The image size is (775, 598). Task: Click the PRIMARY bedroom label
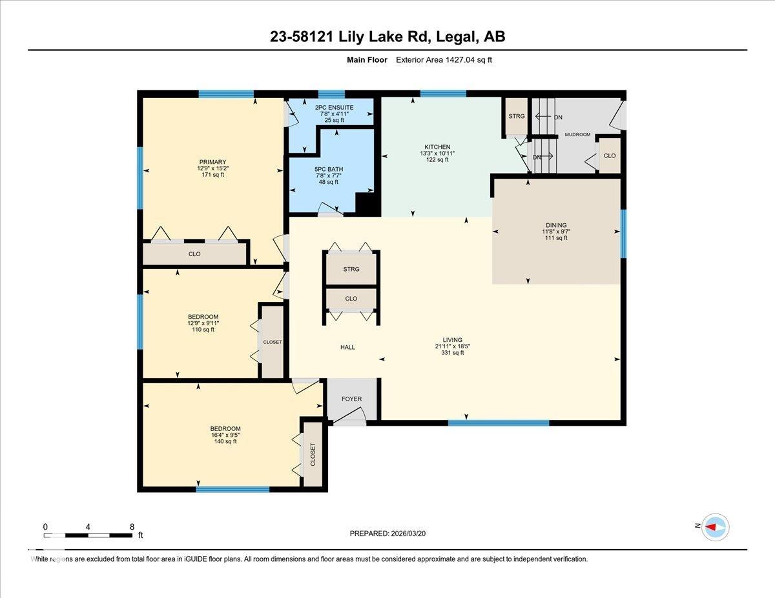pyautogui.click(x=212, y=162)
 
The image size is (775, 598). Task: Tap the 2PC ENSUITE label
pyautogui.click(x=330, y=107)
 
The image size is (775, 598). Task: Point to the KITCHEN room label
pyautogui.click(x=437, y=147)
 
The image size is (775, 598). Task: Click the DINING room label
pyautogui.click(x=555, y=226)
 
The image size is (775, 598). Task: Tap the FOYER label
pyautogui.click(x=351, y=399)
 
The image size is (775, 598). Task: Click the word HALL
pyautogui.click(x=347, y=347)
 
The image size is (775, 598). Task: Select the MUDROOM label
pyautogui.click(x=577, y=135)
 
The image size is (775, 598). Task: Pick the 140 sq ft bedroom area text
pyautogui.click(x=225, y=441)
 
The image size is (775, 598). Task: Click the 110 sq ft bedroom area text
pyautogui.click(x=203, y=330)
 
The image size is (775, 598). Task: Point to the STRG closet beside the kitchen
pyautogui.click(x=517, y=116)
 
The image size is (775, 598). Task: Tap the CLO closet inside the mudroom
pyautogui.click(x=609, y=155)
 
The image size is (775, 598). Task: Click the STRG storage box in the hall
pyautogui.click(x=351, y=269)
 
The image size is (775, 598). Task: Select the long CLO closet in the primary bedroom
pyautogui.click(x=194, y=254)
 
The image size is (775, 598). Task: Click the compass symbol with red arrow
pyautogui.click(x=714, y=526)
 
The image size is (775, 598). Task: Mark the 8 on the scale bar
pyautogui.click(x=132, y=526)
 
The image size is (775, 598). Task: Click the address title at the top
pyautogui.click(x=387, y=37)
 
